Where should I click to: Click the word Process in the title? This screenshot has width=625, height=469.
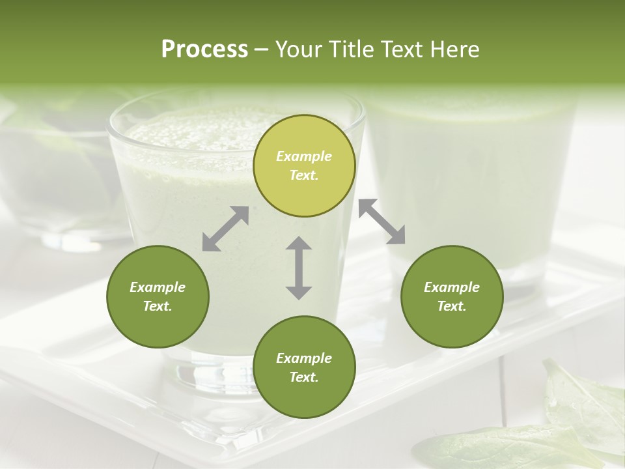204,50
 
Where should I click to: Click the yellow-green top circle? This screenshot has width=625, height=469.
304,165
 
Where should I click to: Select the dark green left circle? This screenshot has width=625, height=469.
158,296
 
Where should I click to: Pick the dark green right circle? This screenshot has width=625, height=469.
452,296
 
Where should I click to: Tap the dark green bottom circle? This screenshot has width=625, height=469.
304,367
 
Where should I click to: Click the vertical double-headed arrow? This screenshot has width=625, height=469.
299,268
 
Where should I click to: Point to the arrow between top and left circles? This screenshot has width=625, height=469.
225,229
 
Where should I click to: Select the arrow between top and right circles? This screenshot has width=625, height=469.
382,221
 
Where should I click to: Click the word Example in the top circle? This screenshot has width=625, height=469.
304,156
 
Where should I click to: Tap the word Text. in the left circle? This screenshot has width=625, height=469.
158,306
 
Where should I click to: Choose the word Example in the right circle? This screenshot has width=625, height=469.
452,287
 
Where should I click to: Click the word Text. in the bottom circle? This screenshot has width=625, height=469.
304,377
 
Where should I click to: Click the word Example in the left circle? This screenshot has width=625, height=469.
158,287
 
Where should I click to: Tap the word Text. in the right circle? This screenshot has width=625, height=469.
452,306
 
